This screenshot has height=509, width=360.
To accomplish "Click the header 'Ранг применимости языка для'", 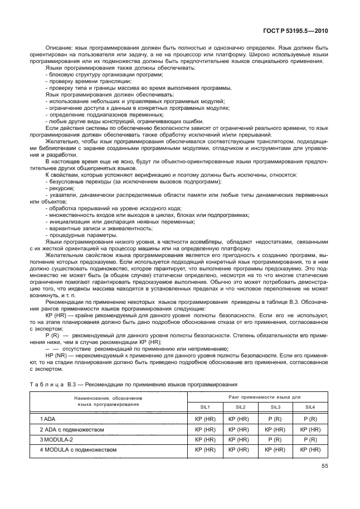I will (x=256, y=396).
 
